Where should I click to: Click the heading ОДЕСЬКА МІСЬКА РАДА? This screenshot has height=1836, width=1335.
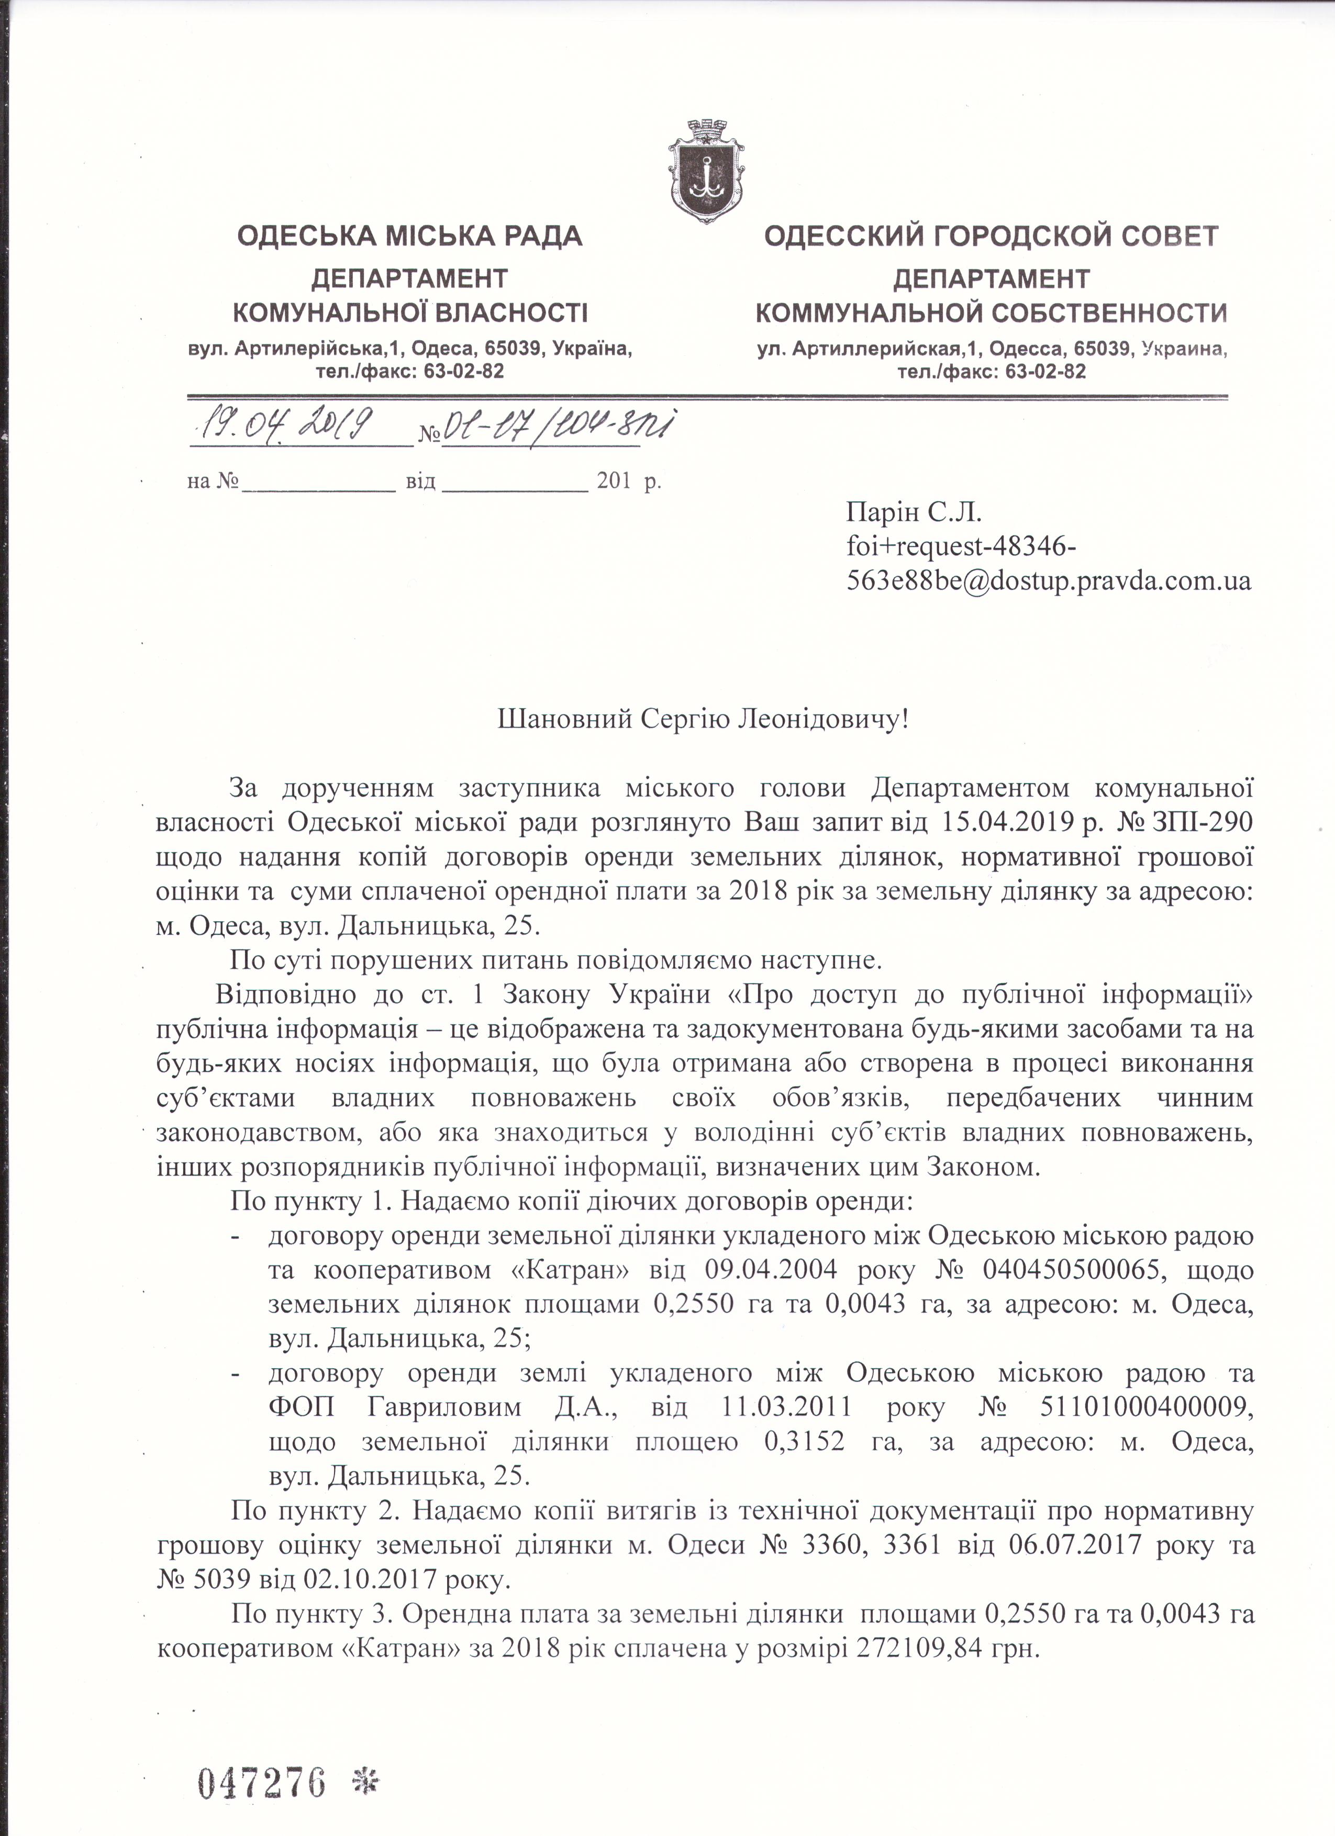pyautogui.click(x=409, y=237)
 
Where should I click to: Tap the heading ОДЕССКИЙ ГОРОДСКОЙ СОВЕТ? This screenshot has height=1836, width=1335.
pyautogui.click(x=991, y=237)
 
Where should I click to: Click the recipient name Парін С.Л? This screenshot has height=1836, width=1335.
pyautogui.click(x=913, y=512)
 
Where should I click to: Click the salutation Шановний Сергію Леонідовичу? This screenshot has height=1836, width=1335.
pyautogui.click(x=703, y=718)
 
